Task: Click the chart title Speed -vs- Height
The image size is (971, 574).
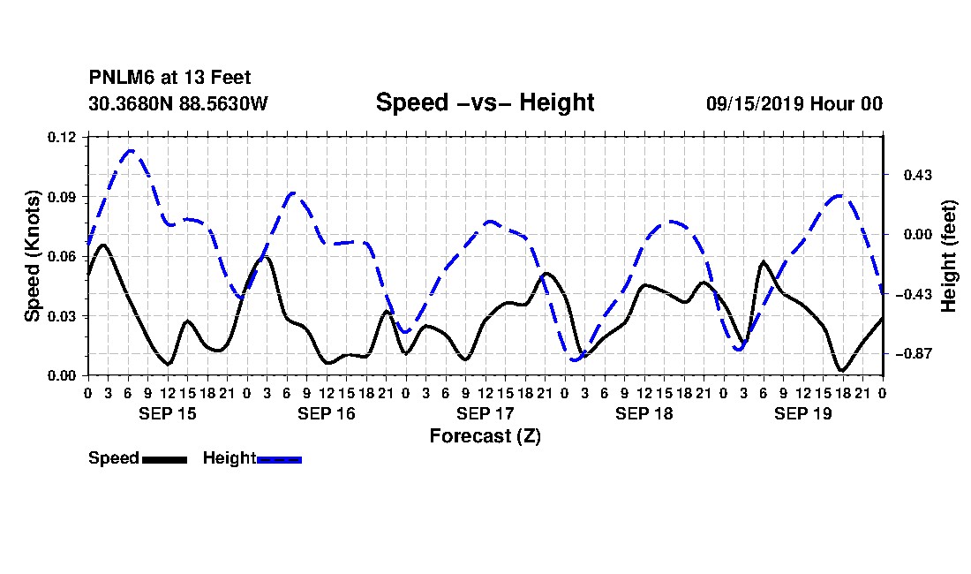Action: pos(485,102)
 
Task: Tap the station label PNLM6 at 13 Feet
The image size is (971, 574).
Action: pos(169,78)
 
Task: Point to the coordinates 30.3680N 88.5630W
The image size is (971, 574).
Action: pos(178,103)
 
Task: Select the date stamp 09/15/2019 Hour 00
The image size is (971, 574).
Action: pos(794,103)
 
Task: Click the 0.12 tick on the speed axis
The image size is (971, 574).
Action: pos(61,137)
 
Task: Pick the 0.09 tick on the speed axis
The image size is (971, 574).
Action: pos(61,197)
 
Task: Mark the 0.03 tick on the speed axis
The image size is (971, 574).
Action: pos(61,316)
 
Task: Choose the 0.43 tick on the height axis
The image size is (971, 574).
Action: pos(917,175)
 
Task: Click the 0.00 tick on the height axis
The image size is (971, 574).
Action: pos(917,235)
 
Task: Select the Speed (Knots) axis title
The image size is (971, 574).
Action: pos(32,256)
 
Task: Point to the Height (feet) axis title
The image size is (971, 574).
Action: pos(948,256)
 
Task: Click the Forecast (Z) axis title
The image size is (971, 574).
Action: pos(485,436)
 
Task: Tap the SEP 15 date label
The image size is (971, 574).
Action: pos(167,413)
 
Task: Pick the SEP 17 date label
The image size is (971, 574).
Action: pos(485,413)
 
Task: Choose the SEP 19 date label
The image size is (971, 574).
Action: pos(802,413)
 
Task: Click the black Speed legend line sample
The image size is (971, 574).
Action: pos(164,459)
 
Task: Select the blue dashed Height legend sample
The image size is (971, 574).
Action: pos(279,459)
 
